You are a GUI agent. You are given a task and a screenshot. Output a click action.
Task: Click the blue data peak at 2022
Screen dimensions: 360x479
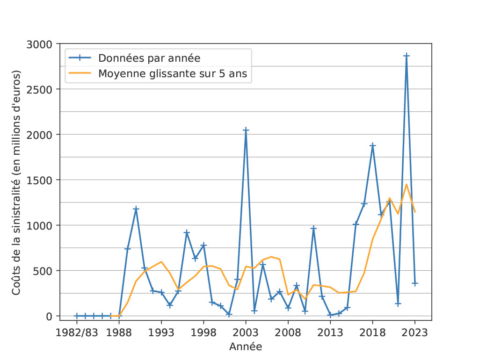[406, 56]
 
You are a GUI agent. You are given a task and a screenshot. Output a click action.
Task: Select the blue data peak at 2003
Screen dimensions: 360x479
[246, 130]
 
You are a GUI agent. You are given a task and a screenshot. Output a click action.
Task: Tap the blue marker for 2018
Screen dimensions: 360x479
[373, 145]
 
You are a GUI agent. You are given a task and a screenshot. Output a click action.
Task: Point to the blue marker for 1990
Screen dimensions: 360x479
[136, 209]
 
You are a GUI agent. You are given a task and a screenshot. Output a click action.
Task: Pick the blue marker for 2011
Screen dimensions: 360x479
[313, 228]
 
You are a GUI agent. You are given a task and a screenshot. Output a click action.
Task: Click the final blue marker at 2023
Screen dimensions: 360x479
[415, 283]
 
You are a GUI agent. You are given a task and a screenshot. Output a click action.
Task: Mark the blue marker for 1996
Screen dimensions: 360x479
[187, 232]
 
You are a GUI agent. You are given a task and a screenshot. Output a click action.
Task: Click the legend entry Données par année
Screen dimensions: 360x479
[149, 58]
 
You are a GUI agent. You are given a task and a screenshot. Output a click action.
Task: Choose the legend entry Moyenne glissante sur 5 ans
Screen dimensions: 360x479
[172, 73]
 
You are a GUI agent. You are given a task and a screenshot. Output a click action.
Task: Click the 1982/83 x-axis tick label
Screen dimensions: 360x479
[77, 333]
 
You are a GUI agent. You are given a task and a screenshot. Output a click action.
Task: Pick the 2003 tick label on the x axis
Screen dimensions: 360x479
[246, 333]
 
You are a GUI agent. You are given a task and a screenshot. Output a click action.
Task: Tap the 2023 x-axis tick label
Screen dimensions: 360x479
[415, 333]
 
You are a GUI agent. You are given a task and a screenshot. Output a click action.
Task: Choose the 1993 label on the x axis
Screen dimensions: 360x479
[161, 333]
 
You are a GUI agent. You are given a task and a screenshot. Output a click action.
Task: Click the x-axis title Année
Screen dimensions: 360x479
[246, 347]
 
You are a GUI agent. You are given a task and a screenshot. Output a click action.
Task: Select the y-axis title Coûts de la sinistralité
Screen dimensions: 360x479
[16, 182]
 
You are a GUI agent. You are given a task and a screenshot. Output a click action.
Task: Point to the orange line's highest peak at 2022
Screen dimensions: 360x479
[406, 184]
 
